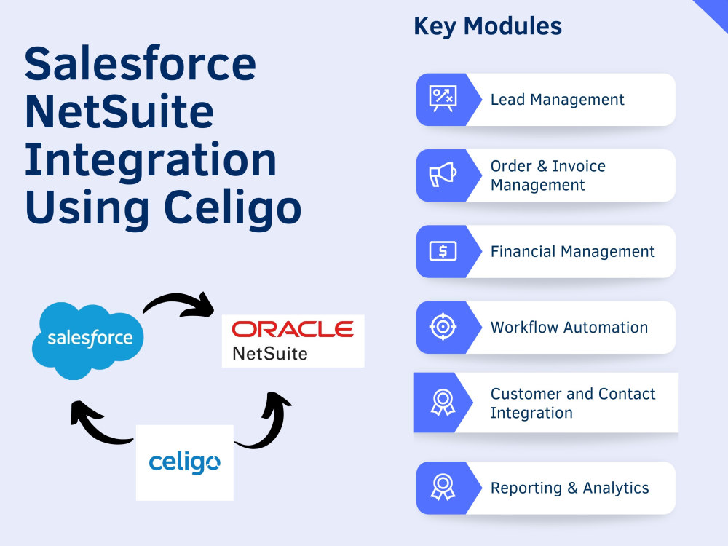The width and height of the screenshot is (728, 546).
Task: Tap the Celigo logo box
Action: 184,462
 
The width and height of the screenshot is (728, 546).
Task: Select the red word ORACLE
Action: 292,330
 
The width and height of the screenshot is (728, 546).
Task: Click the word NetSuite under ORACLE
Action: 269,354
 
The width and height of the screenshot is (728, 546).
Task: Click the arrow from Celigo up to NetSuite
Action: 266,422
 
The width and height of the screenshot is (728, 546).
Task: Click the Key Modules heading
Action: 487,27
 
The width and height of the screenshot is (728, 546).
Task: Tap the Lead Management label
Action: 557,100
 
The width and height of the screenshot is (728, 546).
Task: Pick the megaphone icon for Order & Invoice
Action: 442,175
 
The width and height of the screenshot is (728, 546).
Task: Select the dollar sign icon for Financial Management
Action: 442,252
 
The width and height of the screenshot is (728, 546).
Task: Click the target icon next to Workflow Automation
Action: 442,328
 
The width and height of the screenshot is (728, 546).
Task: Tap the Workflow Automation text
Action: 569,328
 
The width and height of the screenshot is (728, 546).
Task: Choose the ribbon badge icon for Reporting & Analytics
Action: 442,488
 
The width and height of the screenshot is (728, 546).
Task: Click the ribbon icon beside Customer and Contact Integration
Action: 442,403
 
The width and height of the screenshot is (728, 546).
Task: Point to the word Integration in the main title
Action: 150,161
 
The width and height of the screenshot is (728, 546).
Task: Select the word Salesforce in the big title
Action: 140,64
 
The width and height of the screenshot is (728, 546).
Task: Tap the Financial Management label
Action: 572,252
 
